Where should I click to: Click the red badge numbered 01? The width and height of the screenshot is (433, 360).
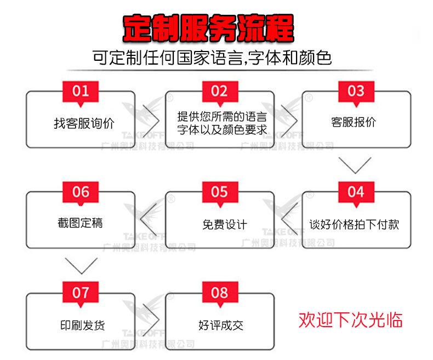pos(81,91)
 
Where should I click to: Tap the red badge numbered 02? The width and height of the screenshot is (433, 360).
pos(219,91)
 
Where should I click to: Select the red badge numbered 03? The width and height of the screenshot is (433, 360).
pos(356,91)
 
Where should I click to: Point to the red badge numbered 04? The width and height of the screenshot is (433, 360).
pos(356,192)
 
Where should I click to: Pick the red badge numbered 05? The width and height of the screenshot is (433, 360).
pos(219,192)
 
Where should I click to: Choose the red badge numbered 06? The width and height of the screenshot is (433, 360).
pos(81,192)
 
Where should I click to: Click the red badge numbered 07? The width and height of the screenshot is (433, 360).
pos(81,293)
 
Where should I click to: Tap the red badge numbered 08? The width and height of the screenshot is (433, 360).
pos(219,293)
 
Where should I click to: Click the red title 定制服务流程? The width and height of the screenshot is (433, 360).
pos(208,28)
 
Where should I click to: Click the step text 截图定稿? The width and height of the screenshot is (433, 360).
pos(81,223)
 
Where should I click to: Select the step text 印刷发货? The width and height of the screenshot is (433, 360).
pos(82,325)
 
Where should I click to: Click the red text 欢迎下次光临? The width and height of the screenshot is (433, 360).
pos(350,319)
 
